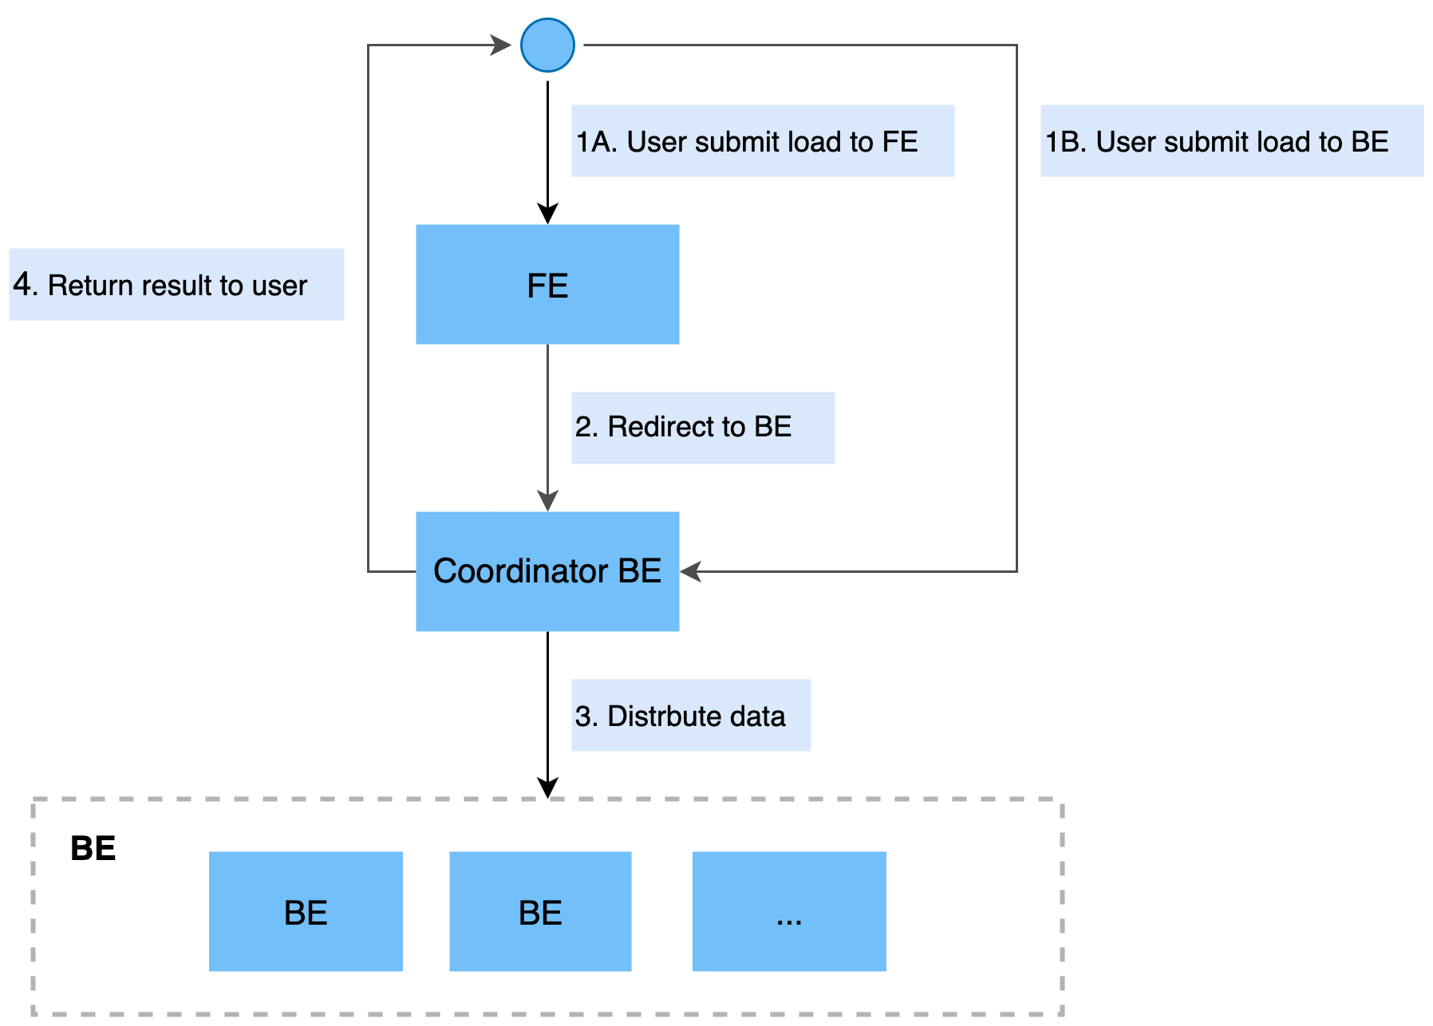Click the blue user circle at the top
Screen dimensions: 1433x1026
[547, 45]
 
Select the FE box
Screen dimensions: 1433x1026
[547, 284]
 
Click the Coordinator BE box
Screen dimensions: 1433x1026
[547, 571]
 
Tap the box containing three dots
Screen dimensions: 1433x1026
[789, 911]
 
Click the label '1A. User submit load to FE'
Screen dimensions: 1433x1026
[747, 142]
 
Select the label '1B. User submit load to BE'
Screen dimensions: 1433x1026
[1217, 142]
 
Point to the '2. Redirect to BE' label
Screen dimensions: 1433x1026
[683, 427]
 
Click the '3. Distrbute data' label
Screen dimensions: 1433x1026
[680, 716]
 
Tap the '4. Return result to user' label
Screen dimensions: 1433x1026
[160, 285]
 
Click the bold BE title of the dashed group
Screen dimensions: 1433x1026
[93, 848]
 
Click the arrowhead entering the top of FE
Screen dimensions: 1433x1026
[547, 214]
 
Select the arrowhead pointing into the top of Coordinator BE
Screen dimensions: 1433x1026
[547, 501]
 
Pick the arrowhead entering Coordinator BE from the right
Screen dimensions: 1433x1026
[691, 571]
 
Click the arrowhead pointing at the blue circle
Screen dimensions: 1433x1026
[501, 45]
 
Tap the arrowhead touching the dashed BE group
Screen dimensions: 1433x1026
[547, 787]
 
